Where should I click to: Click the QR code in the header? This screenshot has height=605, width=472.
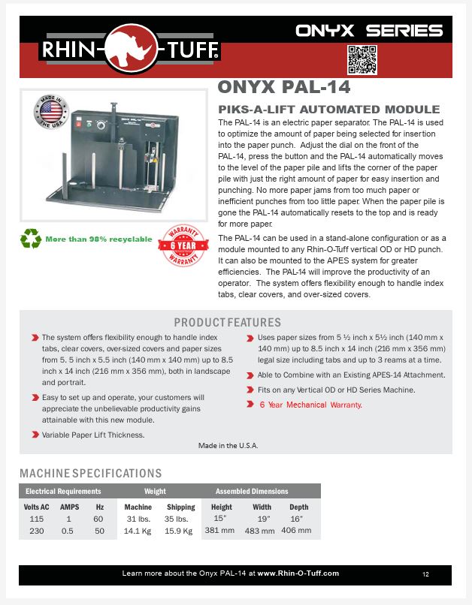point(361,59)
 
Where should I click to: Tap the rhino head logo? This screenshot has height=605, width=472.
point(130,50)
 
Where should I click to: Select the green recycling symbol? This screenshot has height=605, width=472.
point(31,239)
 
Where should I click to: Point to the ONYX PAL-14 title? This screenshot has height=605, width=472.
point(283,88)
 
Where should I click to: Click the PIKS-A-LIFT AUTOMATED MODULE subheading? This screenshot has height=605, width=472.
point(328,109)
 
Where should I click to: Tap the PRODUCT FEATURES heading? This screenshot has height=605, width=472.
point(227,323)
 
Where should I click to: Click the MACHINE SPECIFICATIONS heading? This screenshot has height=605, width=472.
point(90,474)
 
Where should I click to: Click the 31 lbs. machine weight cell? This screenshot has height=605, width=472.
point(138,519)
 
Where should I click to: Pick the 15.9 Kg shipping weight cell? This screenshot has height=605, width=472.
point(180,531)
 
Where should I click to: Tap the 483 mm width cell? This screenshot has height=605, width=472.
point(261,531)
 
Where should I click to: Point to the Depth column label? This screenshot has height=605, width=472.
point(298,507)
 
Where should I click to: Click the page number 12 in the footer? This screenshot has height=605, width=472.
point(425,574)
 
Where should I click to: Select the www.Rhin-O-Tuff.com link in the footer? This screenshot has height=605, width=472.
point(298,573)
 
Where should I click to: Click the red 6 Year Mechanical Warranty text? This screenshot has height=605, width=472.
point(310,405)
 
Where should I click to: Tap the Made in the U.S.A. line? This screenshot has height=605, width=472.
point(228,445)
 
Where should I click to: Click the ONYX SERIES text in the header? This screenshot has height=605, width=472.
point(368,31)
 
